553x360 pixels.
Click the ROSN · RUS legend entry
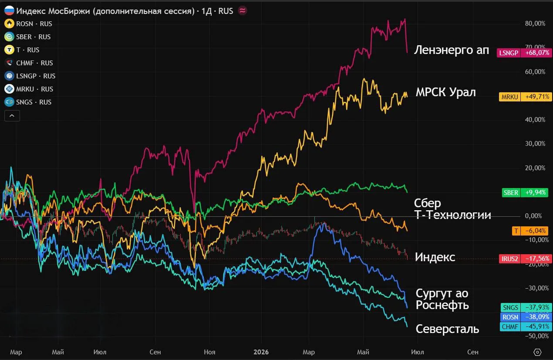(28, 24)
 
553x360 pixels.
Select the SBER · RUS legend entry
(27, 37)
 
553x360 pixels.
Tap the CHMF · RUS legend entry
(29, 63)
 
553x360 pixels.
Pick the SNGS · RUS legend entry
(28, 102)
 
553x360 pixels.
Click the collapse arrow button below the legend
(12, 116)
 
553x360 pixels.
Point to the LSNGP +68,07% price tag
(524, 53)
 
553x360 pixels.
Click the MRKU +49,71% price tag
(525, 97)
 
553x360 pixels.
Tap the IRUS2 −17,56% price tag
(525, 259)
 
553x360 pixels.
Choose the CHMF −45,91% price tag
(526, 326)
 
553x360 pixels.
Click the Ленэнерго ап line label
(452, 50)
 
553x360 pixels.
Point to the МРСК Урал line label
(445, 92)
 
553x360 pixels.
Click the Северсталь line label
(447, 329)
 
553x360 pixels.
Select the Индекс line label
(435, 257)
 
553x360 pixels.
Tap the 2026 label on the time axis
(261, 352)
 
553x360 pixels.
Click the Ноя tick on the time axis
(209, 352)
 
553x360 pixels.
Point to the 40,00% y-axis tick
(535, 120)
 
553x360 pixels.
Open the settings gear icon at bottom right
(537, 352)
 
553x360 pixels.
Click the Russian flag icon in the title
(10, 11)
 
